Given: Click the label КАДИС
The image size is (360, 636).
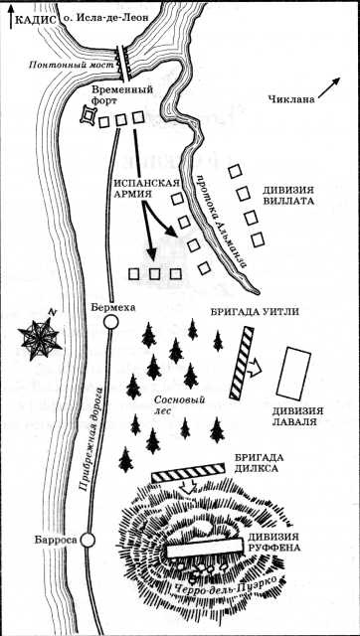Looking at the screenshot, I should tap(33, 15).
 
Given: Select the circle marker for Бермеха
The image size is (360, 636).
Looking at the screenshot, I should tap(111, 321).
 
